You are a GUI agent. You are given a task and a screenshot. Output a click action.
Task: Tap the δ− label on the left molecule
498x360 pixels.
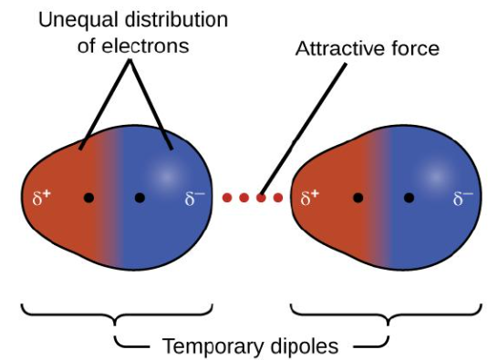pos(194,198)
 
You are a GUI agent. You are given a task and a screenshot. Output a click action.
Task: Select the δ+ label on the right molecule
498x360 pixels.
pos(310,197)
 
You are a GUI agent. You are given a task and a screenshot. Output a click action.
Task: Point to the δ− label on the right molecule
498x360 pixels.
pos(463,197)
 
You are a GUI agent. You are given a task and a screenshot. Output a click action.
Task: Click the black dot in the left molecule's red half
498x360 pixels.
pos(88,197)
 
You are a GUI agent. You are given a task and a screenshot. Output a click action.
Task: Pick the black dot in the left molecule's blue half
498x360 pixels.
pos(140,197)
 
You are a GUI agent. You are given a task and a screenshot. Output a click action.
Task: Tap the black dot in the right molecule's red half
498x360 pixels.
pos(358,197)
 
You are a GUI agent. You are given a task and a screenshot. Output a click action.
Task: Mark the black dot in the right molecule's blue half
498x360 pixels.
pos(410,197)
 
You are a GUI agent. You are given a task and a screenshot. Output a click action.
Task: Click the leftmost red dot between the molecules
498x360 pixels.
pos(228,197)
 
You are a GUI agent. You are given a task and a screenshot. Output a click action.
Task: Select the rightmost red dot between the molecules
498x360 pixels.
pos(277,197)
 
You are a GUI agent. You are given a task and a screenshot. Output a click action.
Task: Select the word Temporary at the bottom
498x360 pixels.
pos(207,345)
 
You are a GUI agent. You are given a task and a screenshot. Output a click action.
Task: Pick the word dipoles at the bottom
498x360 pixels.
pos(305,345)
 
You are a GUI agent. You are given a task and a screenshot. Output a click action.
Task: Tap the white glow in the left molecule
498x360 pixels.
pos(167,174)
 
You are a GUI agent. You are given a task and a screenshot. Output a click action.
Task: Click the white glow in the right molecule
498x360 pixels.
pos(436,174)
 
